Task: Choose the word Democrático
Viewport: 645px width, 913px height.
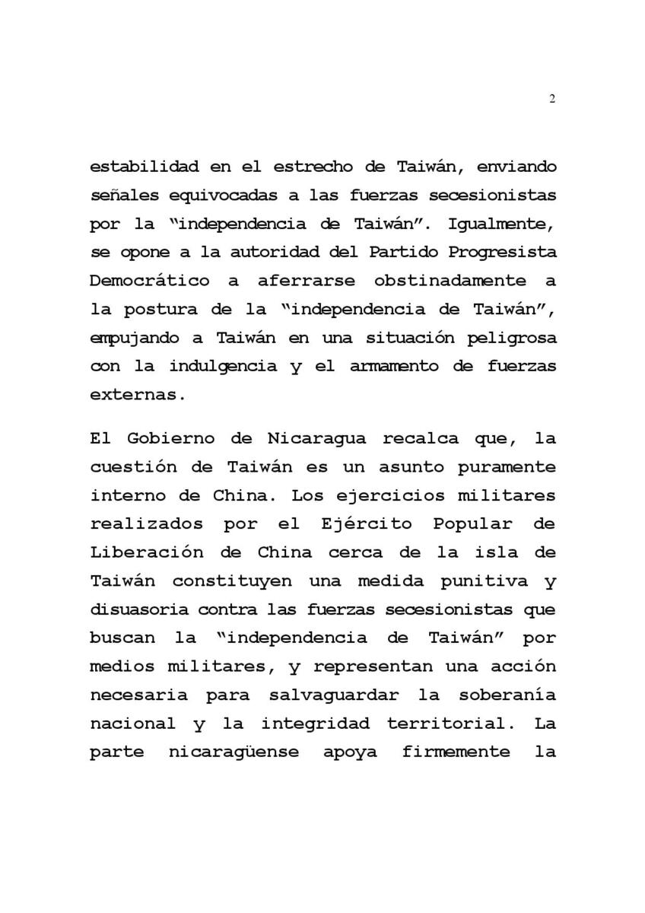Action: click(x=150, y=280)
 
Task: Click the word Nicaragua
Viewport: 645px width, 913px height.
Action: click(x=316, y=439)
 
